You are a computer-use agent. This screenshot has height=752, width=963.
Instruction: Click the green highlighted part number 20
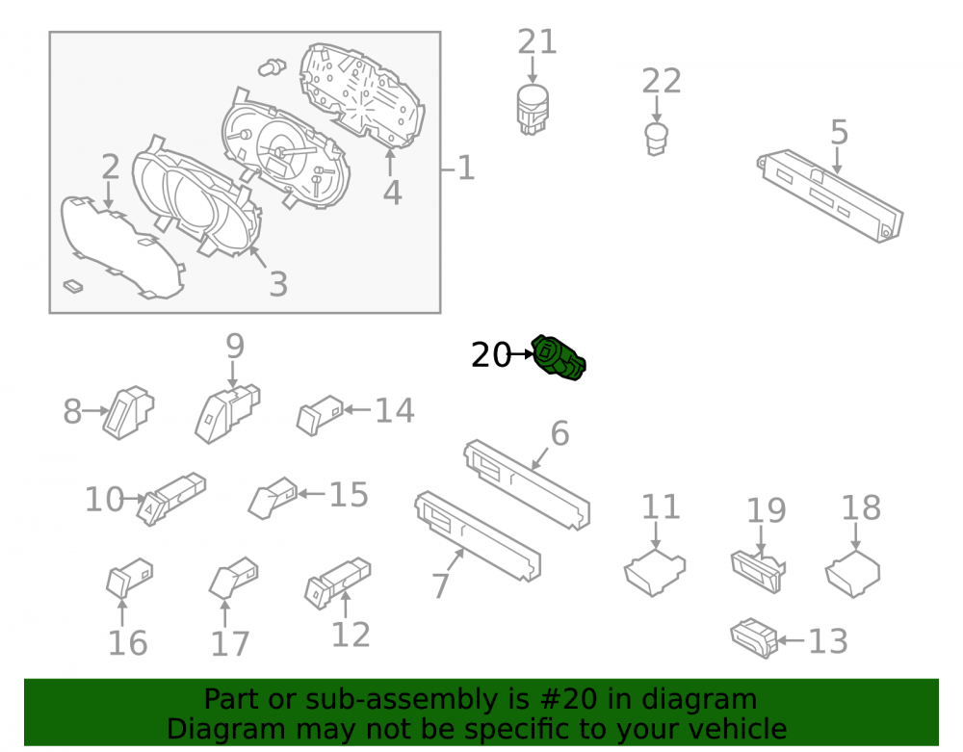click(x=559, y=358)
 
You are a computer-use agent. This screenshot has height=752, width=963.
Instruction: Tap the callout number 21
click(x=536, y=42)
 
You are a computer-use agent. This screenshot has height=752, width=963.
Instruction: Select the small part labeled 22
click(x=656, y=140)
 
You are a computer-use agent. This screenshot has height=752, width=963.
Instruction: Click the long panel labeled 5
click(x=830, y=195)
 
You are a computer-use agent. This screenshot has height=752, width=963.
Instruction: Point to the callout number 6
click(x=560, y=433)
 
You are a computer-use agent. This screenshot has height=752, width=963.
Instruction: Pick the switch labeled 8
click(x=128, y=412)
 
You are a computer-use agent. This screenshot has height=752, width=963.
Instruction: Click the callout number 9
click(x=235, y=347)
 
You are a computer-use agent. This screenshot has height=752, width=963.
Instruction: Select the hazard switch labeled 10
click(x=170, y=499)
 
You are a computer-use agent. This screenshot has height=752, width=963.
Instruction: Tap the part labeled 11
click(x=655, y=573)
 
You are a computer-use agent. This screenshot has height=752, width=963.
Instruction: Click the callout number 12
click(x=351, y=635)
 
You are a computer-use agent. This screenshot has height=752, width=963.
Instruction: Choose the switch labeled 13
click(x=754, y=638)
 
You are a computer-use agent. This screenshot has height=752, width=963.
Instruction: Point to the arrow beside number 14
click(x=356, y=409)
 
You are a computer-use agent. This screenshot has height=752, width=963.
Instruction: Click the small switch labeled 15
click(x=273, y=498)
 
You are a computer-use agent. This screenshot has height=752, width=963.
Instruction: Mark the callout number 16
click(x=128, y=643)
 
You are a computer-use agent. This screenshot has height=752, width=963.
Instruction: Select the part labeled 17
click(x=233, y=578)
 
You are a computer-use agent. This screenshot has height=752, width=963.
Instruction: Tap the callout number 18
click(x=861, y=508)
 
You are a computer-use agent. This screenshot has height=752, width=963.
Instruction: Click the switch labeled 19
click(x=758, y=572)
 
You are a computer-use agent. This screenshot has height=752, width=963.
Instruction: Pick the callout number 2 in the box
click(x=111, y=167)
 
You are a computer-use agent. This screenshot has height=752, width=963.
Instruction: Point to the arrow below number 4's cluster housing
click(x=390, y=162)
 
